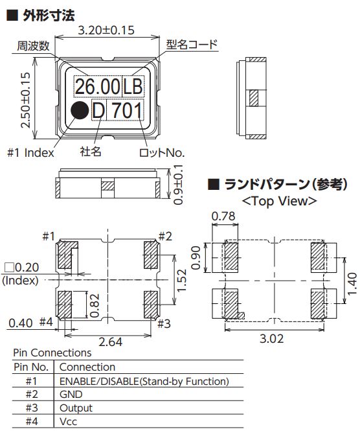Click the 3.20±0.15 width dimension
(106, 30)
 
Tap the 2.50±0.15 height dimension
(25, 100)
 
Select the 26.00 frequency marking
(98, 86)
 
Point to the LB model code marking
(133, 86)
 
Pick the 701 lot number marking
(127, 110)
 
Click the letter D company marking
(98, 110)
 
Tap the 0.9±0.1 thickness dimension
(178, 185)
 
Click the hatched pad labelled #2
(151, 255)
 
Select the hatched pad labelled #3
(151, 305)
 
